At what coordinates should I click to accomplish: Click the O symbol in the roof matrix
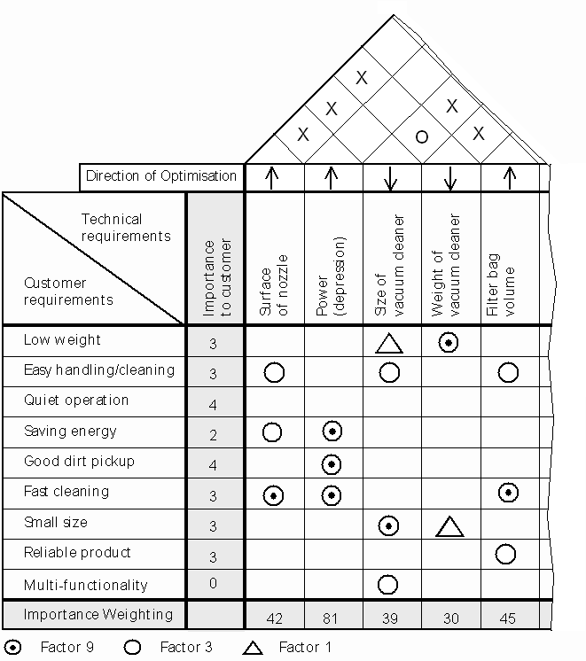[x=422, y=136]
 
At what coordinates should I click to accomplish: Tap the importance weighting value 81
[x=331, y=618]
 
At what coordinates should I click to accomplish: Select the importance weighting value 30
[x=451, y=618]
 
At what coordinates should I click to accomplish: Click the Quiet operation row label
[x=76, y=400]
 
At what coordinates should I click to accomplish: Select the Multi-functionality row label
[x=86, y=585]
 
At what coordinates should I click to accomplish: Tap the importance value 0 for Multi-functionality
[x=213, y=583]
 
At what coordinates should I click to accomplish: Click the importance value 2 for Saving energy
[x=213, y=435]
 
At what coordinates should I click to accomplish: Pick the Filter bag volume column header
[x=500, y=284]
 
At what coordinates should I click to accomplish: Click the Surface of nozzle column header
[x=273, y=285]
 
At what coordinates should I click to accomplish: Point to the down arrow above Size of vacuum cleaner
[x=391, y=178]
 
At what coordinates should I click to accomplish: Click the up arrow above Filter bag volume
[x=510, y=178]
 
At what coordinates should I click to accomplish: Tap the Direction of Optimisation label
[x=161, y=175]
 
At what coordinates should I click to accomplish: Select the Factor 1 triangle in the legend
[x=253, y=648]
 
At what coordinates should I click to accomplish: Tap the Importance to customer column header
[x=217, y=278]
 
